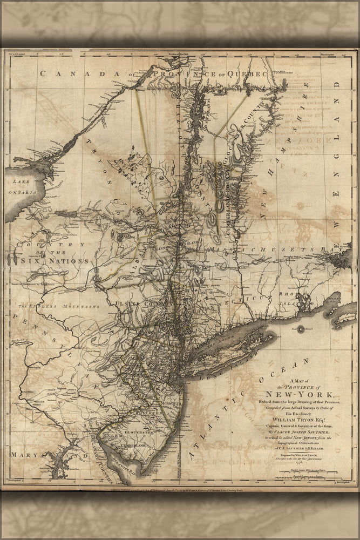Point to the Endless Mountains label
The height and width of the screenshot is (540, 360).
click(x=59, y=306)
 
